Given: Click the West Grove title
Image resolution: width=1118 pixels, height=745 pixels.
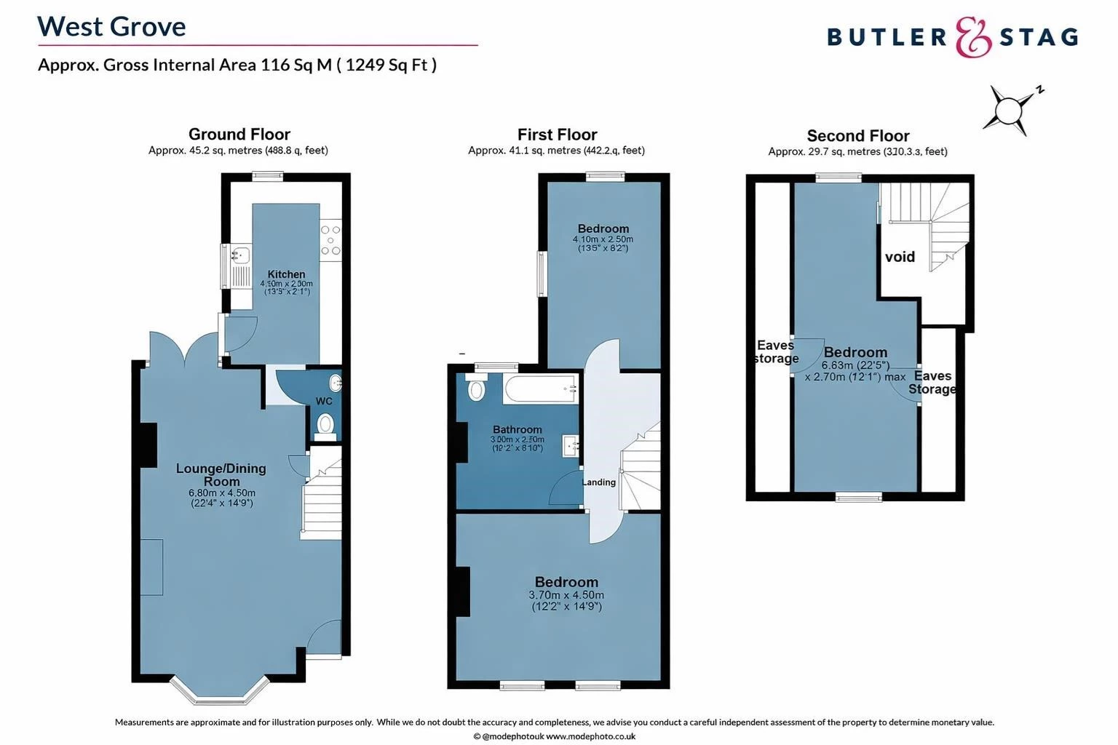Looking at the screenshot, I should (x=111, y=27).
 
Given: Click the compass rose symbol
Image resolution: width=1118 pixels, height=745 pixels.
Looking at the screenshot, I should (x=1010, y=111).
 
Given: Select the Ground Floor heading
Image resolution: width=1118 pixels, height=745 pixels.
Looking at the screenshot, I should (x=239, y=134).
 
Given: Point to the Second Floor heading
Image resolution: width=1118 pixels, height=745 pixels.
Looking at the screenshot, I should (x=857, y=136).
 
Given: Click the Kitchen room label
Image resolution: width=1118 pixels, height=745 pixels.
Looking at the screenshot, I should (x=286, y=274).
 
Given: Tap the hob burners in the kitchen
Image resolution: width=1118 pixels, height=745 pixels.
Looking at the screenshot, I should (x=330, y=241).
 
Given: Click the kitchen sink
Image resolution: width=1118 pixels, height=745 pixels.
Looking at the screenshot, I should (x=239, y=255).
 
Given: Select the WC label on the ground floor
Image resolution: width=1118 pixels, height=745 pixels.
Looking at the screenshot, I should (x=324, y=401).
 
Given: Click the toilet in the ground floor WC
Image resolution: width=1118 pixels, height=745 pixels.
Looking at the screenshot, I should (x=326, y=424).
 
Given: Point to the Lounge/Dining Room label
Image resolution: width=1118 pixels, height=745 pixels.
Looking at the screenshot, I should (x=221, y=474).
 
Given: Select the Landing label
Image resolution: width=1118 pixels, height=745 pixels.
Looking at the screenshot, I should (x=599, y=482).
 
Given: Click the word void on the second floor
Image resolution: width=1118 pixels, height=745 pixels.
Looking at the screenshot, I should (x=900, y=257).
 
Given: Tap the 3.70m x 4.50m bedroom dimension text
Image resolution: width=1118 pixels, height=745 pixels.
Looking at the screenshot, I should (x=566, y=594).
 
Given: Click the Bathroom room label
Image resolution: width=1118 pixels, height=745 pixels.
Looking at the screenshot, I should (x=517, y=429).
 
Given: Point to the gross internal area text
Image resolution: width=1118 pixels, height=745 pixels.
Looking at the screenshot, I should (x=237, y=65).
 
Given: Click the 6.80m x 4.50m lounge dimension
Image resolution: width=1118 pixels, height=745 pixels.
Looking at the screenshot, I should (x=221, y=493).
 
